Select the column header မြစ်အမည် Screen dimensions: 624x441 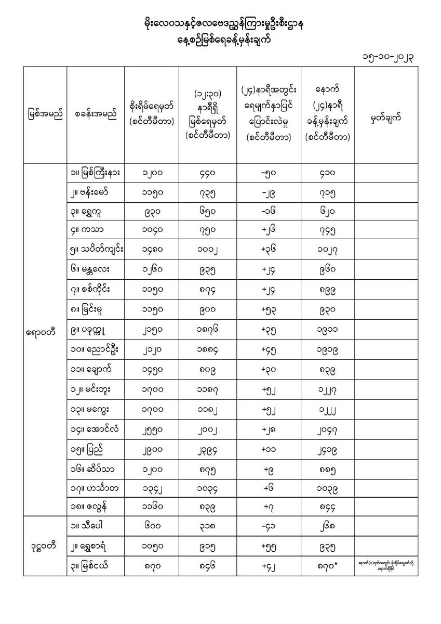[x=45, y=114]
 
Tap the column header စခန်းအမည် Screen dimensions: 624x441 [x=96, y=114]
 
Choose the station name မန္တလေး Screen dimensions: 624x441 [x=93, y=270]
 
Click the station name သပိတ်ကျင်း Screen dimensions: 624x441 [x=96, y=251]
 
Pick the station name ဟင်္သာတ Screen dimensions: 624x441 [x=93, y=488]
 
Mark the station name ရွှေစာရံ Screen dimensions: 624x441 [x=93, y=545]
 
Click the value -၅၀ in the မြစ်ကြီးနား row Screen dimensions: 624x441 [x=269, y=173]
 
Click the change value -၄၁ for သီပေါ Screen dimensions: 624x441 [x=269, y=526]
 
